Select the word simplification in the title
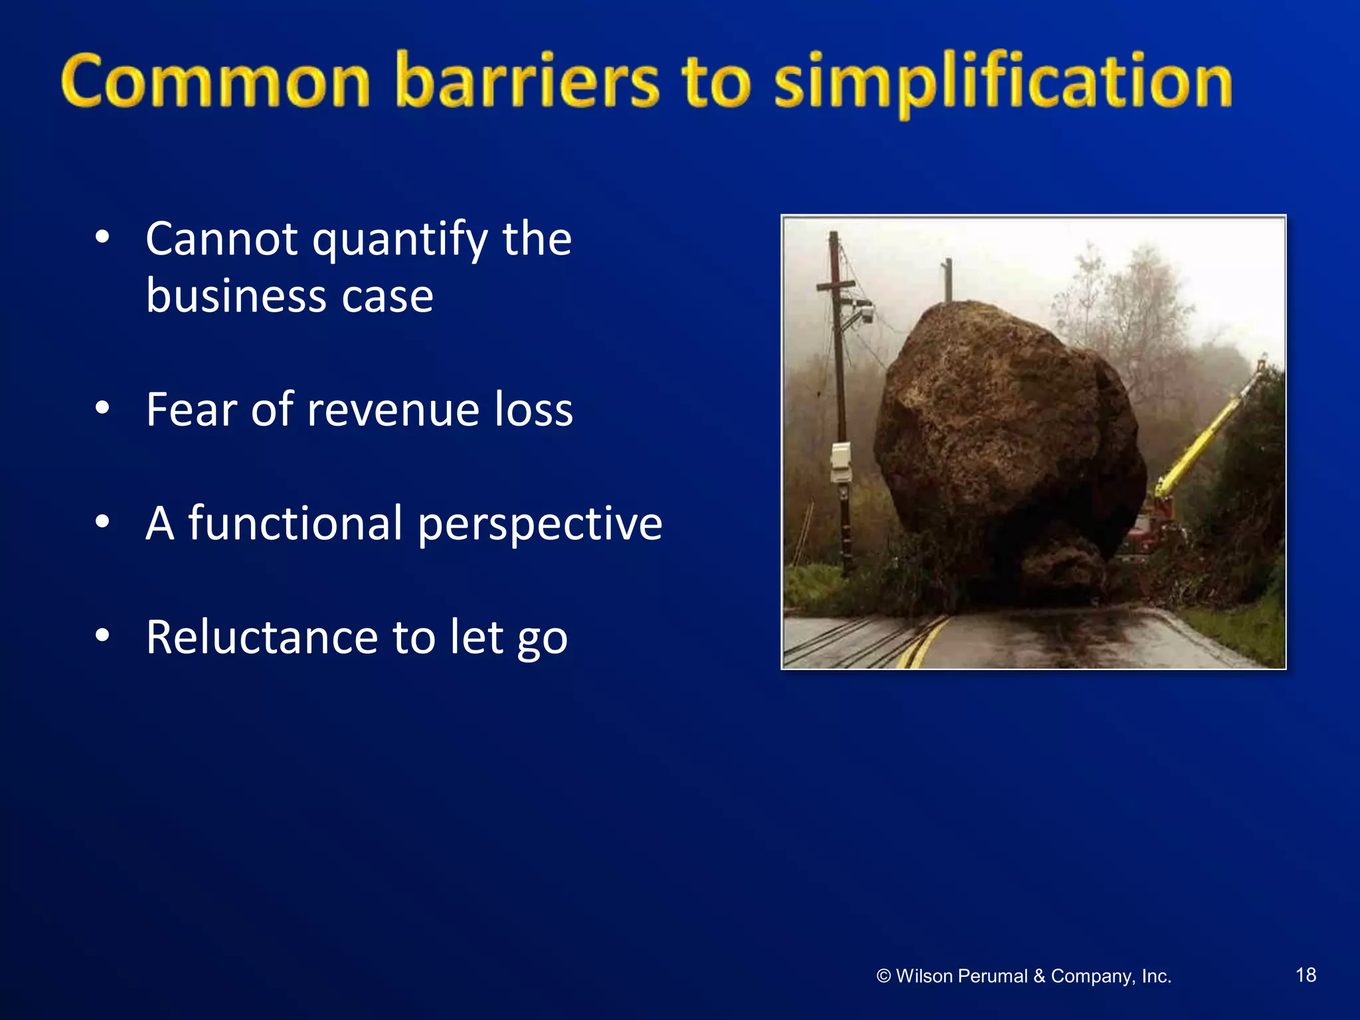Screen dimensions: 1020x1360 pos(1003,83)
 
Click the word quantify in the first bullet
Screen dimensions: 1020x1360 pos(400,240)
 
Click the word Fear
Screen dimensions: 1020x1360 pos(191,409)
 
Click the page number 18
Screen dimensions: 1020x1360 pos(1306,975)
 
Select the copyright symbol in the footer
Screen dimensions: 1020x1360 pos(883,976)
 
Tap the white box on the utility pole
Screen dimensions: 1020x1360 pos(841,462)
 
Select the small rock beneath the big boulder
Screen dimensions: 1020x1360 pos(1062,564)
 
